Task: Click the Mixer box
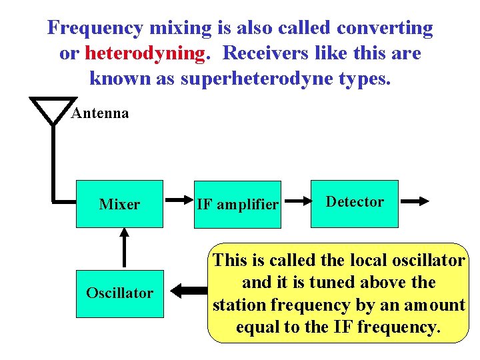click(x=119, y=204)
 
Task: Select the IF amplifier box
click(x=237, y=205)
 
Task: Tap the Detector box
click(x=355, y=202)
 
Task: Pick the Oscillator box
click(x=119, y=293)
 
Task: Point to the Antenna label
click(x=100, y=113)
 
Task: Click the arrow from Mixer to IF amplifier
click(x=178, y=199)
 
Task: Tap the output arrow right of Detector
click(x=414, y=199)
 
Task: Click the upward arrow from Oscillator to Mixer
click(x=124, y=247)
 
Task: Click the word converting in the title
click(x=385, y=28)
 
